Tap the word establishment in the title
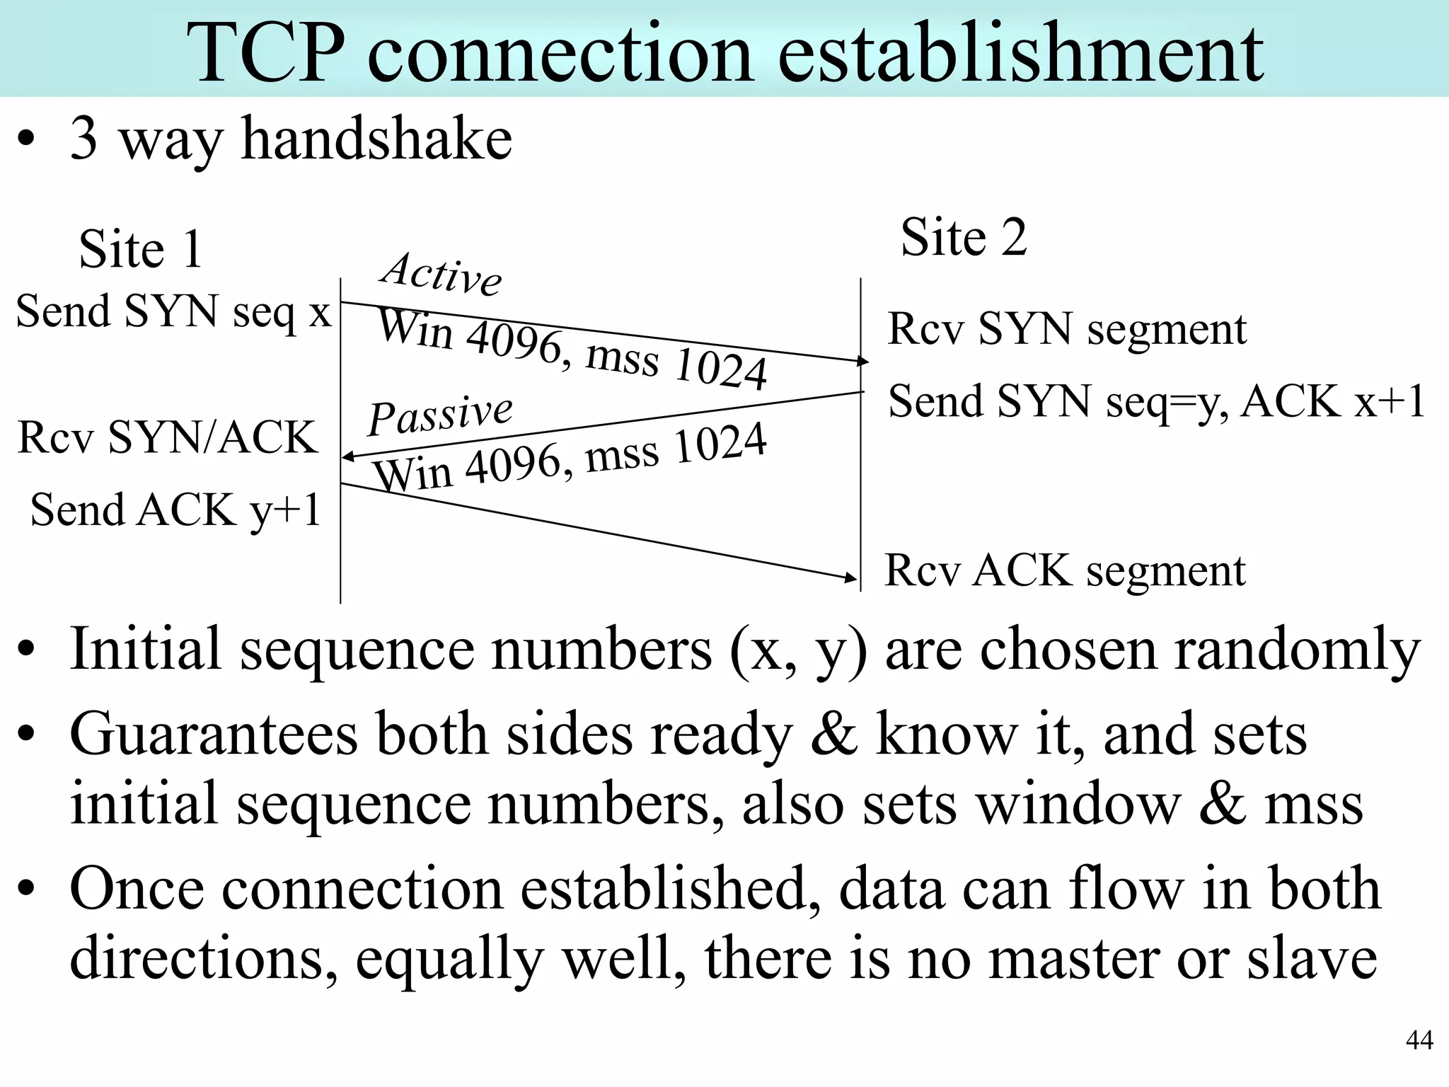pyautogui.click(x=1020, y=53)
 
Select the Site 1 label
pyautogui.click(x=141, y=249)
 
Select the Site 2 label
pyautogui.click(x=963, y=237)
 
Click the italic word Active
pyautogui.click(x=441, y=273)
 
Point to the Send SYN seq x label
pyautogui.click(x=173, y=311)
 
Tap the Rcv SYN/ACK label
pyautogui.click(x=167, y=437)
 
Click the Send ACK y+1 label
pyautogui.click(x=175, y=510)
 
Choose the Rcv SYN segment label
pyautogui.click(x=1066, y=329)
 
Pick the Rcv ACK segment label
pyautogui.click(x=1064, y=570)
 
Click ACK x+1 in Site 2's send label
pyautogui.click(x=1333, y=401)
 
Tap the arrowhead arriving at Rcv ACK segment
pyautogui.click(x=852, y=578)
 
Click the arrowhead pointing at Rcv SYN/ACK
pyautogui.click(x=347, y=457)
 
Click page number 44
pyautogui.click(x=1419, y=1040)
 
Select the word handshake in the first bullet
pyautogui.click(x=376, y=139)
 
